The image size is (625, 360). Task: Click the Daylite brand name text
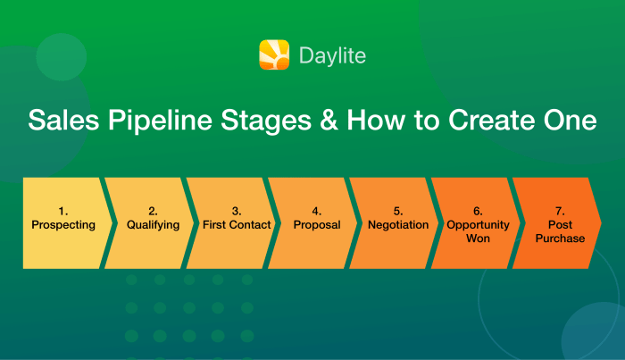333,56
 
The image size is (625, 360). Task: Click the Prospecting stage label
63,225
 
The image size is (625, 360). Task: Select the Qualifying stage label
154,225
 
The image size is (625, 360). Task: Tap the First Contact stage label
236,225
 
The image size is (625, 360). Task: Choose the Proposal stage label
317,225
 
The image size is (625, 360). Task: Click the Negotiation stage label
398,225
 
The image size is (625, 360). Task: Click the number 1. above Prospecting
63,212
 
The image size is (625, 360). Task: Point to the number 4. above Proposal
317,212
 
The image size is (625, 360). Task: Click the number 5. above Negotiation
398,212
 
